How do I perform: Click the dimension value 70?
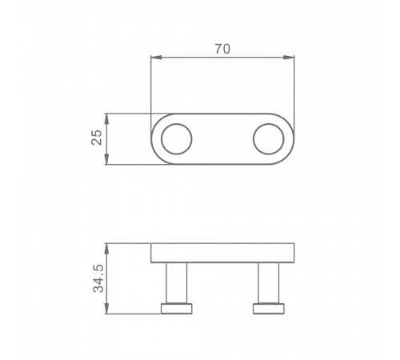point(222,49)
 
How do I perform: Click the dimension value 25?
point(97,138)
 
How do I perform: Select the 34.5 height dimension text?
point(98,278)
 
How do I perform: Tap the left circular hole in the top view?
point(177,139)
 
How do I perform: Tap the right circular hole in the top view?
point(269,139)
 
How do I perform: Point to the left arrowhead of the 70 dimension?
point(156,58)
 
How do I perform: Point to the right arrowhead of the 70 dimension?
point(289,58)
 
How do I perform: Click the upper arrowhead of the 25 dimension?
point(106,118)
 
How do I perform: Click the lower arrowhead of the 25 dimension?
point(106,159)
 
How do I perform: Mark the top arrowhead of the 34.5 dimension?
point(106,249)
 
